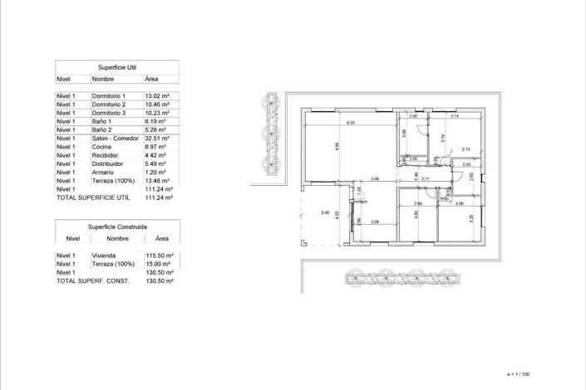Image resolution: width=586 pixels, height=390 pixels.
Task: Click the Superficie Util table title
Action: tap(117, 66)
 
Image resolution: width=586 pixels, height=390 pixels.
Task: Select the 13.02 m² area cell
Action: tap(157, 96)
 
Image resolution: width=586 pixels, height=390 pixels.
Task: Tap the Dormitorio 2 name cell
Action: tap(109, 105)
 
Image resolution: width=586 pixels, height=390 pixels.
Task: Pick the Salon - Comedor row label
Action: tap(114, 139)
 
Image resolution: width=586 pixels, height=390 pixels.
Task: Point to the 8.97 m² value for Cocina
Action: tap(155, 147)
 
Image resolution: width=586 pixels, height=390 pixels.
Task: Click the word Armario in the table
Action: tap(102, 173)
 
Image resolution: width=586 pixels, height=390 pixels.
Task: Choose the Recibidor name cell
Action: tap(105, 155)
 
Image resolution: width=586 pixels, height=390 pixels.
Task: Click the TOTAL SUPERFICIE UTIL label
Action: tap(93, 198)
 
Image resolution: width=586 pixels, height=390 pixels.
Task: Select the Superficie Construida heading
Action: tap(117, 227)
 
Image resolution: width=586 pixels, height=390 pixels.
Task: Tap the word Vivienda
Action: tap(104, 256)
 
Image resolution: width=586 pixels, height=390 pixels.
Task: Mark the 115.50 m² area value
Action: tap(159, 256)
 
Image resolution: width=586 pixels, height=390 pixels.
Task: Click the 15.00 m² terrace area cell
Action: tap(157, 264)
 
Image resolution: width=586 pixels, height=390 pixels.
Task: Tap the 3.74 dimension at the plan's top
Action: tap(455, 117)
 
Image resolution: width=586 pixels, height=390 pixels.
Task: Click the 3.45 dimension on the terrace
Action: tap(325, 214)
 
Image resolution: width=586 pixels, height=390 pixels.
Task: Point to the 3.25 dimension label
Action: tap(471, 217)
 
